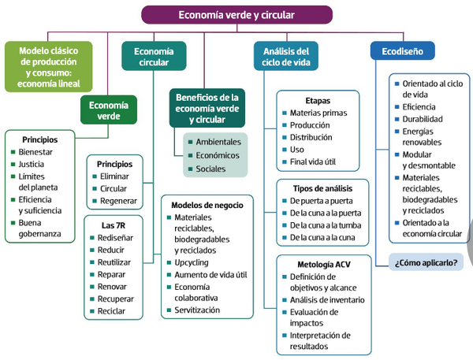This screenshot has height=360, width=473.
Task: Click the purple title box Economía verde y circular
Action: [236, 15]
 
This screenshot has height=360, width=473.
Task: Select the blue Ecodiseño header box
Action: [402, 51]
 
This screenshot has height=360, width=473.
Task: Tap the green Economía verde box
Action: [109, 110]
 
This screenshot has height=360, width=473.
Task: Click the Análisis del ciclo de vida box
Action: [286, 57]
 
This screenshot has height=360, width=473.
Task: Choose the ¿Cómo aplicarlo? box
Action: [426, 262]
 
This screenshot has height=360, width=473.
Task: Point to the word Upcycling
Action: [192, 262]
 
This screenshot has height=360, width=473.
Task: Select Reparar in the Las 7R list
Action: [111, 274]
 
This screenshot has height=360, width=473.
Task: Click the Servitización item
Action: [197, 310]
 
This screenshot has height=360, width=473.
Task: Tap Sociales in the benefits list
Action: [210, 169]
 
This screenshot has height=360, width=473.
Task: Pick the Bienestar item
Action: [35, 152]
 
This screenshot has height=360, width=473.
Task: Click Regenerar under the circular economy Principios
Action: [118, 201]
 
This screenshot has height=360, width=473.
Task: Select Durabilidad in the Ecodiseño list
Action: [423, 119]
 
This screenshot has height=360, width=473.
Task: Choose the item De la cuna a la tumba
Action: [326, 225]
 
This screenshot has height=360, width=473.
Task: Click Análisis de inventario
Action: [327, 299]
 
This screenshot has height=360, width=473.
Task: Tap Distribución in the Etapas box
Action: [311, 137]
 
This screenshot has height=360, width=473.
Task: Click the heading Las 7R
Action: [114, 225]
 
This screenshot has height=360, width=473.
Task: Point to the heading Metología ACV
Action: [324, 265]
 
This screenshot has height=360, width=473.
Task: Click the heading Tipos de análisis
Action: [322, 188]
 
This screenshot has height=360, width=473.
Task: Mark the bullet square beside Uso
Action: [284, 150]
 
